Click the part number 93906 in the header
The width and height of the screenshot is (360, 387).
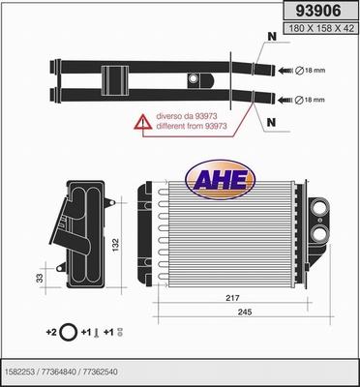pyautogui.click(x=318, y=12)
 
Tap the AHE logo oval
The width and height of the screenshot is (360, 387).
pyautogui.click(x=221, y=179)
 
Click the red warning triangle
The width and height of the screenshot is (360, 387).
pyautogui.click(x=143, y=122)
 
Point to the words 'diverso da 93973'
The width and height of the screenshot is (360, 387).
pyautogui.click(x=186, y=116)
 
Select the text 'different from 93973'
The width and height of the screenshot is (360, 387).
pyautogui.click(x=192, y=126)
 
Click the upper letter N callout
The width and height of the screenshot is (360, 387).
pyautogui.click(x=272, y=37)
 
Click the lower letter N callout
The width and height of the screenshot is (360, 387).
pyautogui.click(x=272, y=122)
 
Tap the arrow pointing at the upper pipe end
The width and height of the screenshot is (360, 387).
pyautogui.click(x=285, y=71)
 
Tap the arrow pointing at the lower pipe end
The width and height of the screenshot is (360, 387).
pyautogui.click(x=285, y=100)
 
